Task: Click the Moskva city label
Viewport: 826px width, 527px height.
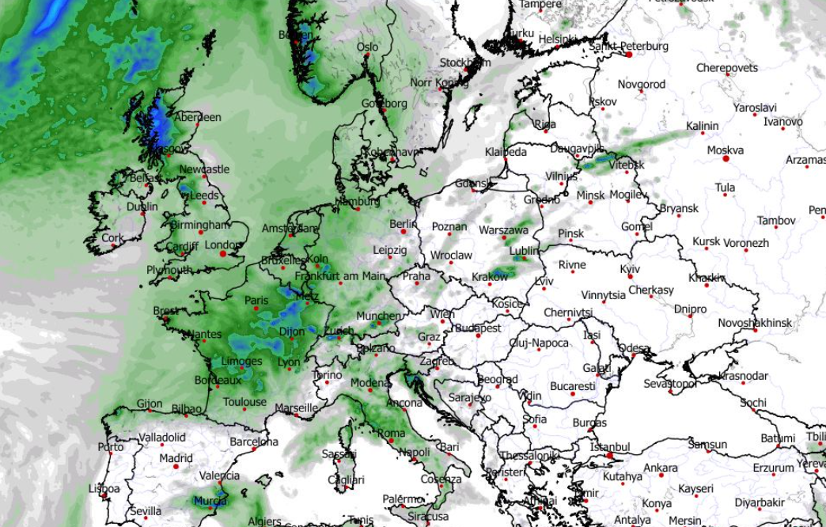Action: [x=725, y=150]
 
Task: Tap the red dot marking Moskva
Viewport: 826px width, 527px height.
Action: [x=726, y=159]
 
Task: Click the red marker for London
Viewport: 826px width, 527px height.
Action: [x=223, y=254]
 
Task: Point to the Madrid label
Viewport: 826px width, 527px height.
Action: [x=176, y=458]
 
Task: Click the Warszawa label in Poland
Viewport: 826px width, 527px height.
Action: [x=503, y=230]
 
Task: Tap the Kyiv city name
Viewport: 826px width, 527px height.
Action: [x=630, y=269]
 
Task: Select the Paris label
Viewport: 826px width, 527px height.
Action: [x=256, y=301]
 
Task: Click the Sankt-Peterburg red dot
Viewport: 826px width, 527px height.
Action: [x=629, y=55]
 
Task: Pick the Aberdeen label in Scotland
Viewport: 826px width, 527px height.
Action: [x=198, y=117]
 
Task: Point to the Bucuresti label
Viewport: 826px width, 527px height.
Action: [x=572, y=386]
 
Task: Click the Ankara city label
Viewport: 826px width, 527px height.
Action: [x=660, y=468]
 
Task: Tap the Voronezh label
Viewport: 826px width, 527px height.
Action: [x=745, y=243]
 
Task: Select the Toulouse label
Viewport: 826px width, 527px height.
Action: [x=244, y=402]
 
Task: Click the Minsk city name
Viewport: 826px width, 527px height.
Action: [x=590, y=195]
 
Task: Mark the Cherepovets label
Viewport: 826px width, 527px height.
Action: [x=726, y=68]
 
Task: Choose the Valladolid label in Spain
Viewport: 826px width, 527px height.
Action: [x=162, y=437]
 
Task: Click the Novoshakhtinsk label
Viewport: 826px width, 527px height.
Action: [x=755, y=323]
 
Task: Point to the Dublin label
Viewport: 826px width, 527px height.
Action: [x=142, y=207]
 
